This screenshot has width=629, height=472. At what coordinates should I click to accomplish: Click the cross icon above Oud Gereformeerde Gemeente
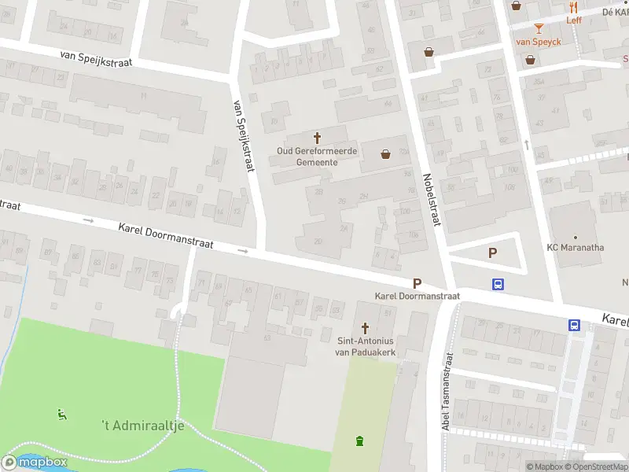(x=318, y=137)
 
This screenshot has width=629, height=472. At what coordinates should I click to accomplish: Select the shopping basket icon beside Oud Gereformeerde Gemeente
(x=386, y=154)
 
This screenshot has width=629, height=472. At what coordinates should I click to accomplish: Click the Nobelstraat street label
(x=431, y=200)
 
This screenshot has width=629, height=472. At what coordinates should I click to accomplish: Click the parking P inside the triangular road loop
(x=493, y=253)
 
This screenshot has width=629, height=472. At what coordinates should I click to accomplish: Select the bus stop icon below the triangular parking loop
(x=498, y=285)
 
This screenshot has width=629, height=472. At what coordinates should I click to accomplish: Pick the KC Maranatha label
(x=576, y=247)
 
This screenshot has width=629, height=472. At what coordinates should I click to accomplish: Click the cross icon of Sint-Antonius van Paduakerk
(x=365, y=327)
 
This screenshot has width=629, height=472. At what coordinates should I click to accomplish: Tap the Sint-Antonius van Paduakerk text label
(x=366, y=347)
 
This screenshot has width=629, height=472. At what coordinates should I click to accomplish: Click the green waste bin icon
(x=360, y=441)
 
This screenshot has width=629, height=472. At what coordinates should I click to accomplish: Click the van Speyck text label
(x=539, y=41)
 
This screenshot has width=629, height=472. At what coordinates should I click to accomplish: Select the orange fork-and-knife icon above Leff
(x=573, y=6)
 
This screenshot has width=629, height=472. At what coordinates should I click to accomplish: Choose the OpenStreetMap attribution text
(x=598, y=466)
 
